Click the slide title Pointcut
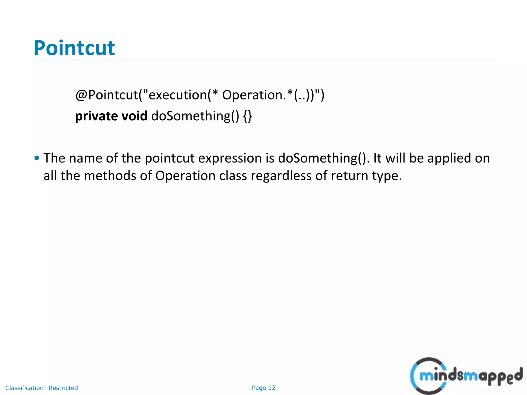click(74, 48)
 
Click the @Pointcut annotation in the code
click(107, 95)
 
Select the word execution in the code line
click(178, 95)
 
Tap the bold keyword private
click(96, 116)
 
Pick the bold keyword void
click(134, 116)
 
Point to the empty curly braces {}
click(247, 116)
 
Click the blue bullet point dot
click(37, 158)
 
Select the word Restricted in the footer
click(63, 388)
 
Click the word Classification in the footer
click(25, 388)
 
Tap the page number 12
click(272, 388)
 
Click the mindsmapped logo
click(466, 376)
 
